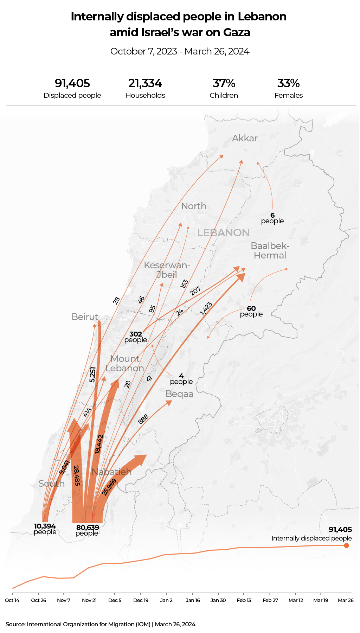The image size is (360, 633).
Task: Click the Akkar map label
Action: pyautogui.click(x=245, y=138)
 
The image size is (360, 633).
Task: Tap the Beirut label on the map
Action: pyautogui.click(x=85, y=317)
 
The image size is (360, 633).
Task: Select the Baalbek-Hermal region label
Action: pyautogui.click(x=270, y=251)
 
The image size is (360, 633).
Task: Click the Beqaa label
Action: pyautogui.click(x=179, y=394)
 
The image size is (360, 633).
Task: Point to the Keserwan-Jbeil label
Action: pyautogui.click(x=167, y=270)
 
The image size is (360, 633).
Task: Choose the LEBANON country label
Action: pyautogui.click(x=224, y=233)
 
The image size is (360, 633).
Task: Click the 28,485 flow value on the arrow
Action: pyautogui.click(x=77, y=476)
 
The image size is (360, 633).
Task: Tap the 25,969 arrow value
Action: pyautogui.click(x=109, y=487)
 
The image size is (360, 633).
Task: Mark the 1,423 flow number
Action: pyautogui.click(x=206, y=308)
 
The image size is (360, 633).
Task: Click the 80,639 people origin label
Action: pyautogui.click(x=88, y=530)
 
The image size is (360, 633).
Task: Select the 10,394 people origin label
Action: pyautogui.click(x=45, y=529)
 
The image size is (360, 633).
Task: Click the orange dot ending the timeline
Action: pyautogui.click(x=346, y=545)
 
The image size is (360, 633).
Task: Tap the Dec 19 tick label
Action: pyautogui.click(x=141, y=600)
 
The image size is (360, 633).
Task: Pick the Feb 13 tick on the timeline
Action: pyautogui.click(x=244, y=600)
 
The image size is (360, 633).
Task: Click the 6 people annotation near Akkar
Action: pyautogui.click(x=272, y=218)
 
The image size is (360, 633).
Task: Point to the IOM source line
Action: pyautogui.click(x=101, y=624)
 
